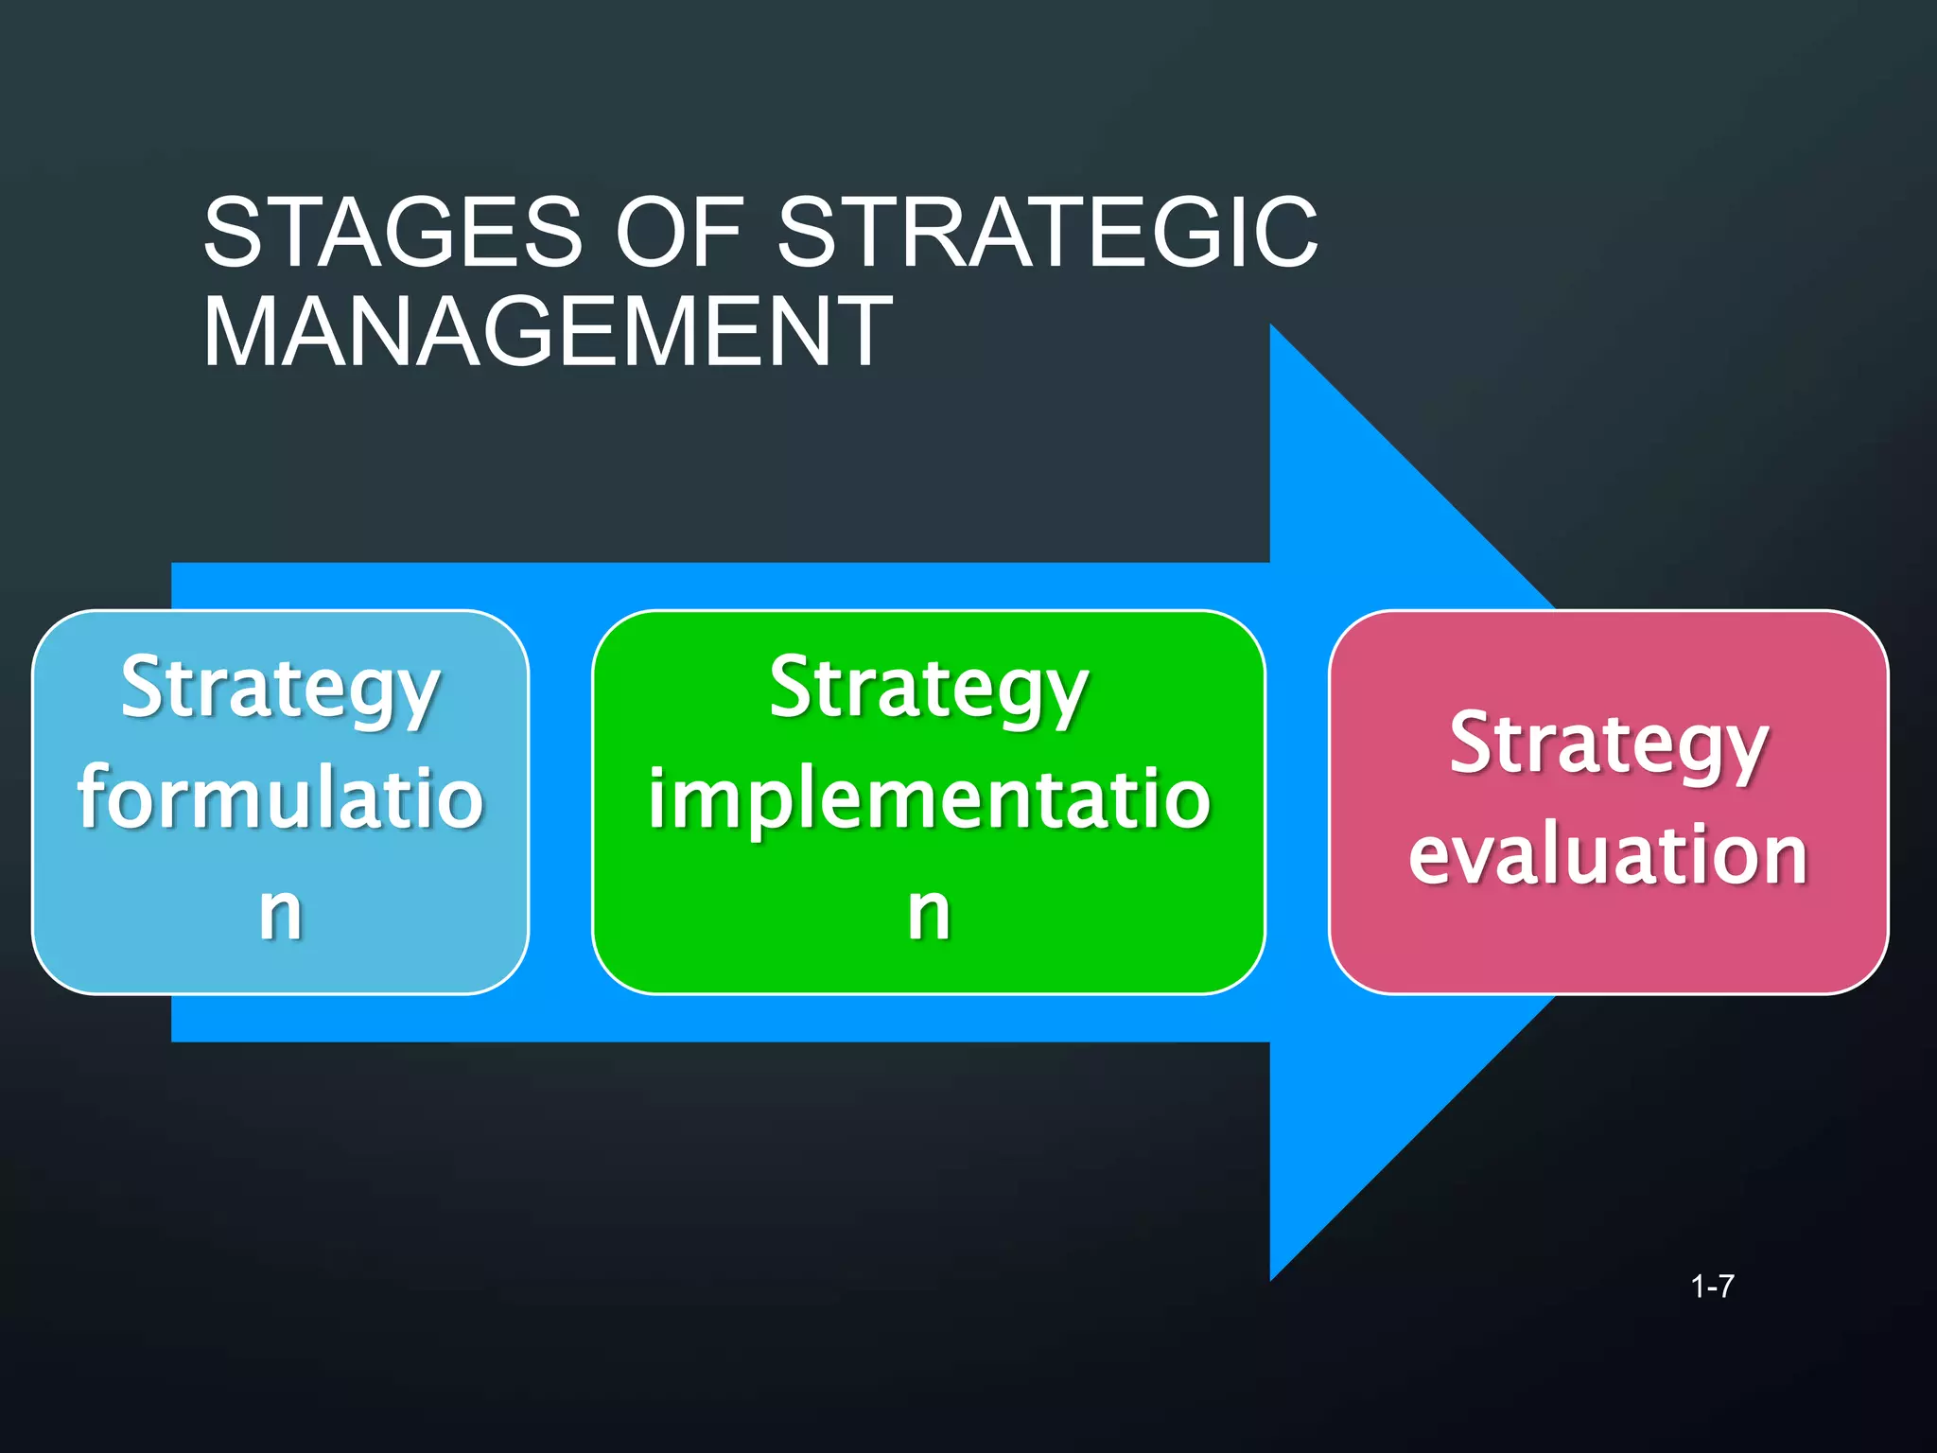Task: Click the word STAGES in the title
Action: click(x=393, y=232)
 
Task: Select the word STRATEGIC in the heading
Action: click(x=1047, y=232)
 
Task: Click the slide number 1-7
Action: click(x=1712, y=1287)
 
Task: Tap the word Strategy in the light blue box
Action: click(x=281, y=689)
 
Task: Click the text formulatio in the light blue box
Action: click(x=281, y=797)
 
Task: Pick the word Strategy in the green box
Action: click(x=929, y=689)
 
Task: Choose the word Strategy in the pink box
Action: click(x=1609, y=744)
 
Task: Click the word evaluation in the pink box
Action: click(x=1609, y=854)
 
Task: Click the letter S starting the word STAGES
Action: click(x=235, y=232)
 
